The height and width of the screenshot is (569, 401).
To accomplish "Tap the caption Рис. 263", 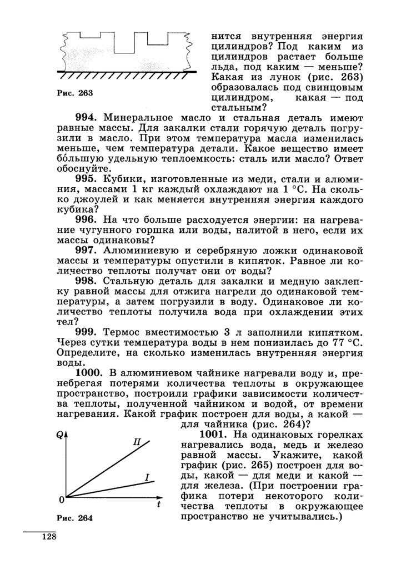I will (74, 93).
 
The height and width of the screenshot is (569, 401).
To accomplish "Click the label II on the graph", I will (137, 442).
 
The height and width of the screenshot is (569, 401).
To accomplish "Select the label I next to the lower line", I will (147, 477).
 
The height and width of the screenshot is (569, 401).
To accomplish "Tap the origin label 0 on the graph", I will (61, 501).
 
